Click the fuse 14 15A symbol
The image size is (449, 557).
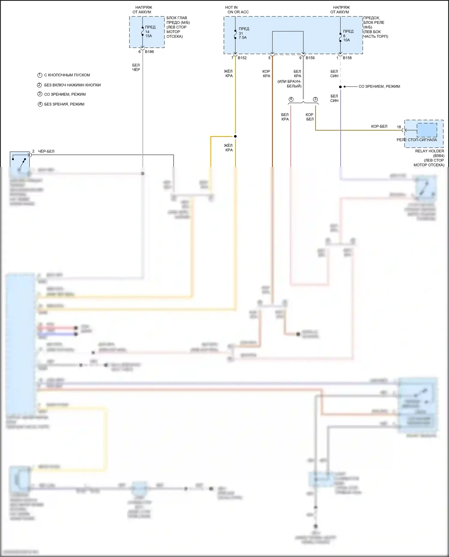tap(143, 31)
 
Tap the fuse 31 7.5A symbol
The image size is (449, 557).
tap(235, 33)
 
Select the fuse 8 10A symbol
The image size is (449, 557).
tap(340, 36)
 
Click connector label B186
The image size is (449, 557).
tap(149, 52)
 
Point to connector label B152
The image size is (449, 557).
tap(242, 58)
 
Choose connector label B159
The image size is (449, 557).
tap(310, 58)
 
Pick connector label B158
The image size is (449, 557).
tap(347, 58)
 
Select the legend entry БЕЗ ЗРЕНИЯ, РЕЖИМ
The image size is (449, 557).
tap(64, 104)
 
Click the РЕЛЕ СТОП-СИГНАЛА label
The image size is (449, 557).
tap(417, 140)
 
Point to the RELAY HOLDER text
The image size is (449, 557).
tap(430, 151)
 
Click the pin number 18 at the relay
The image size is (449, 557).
tap(399, 127)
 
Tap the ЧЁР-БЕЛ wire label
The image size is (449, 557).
tap(46, 151)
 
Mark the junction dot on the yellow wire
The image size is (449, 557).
tap(235, 136)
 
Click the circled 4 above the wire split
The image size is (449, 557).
tap(291, 99)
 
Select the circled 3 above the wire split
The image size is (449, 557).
tap(315, 99)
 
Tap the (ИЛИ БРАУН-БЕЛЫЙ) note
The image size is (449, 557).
tap(289, 84)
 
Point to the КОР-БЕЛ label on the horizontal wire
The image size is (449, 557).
tap(379, 127)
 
